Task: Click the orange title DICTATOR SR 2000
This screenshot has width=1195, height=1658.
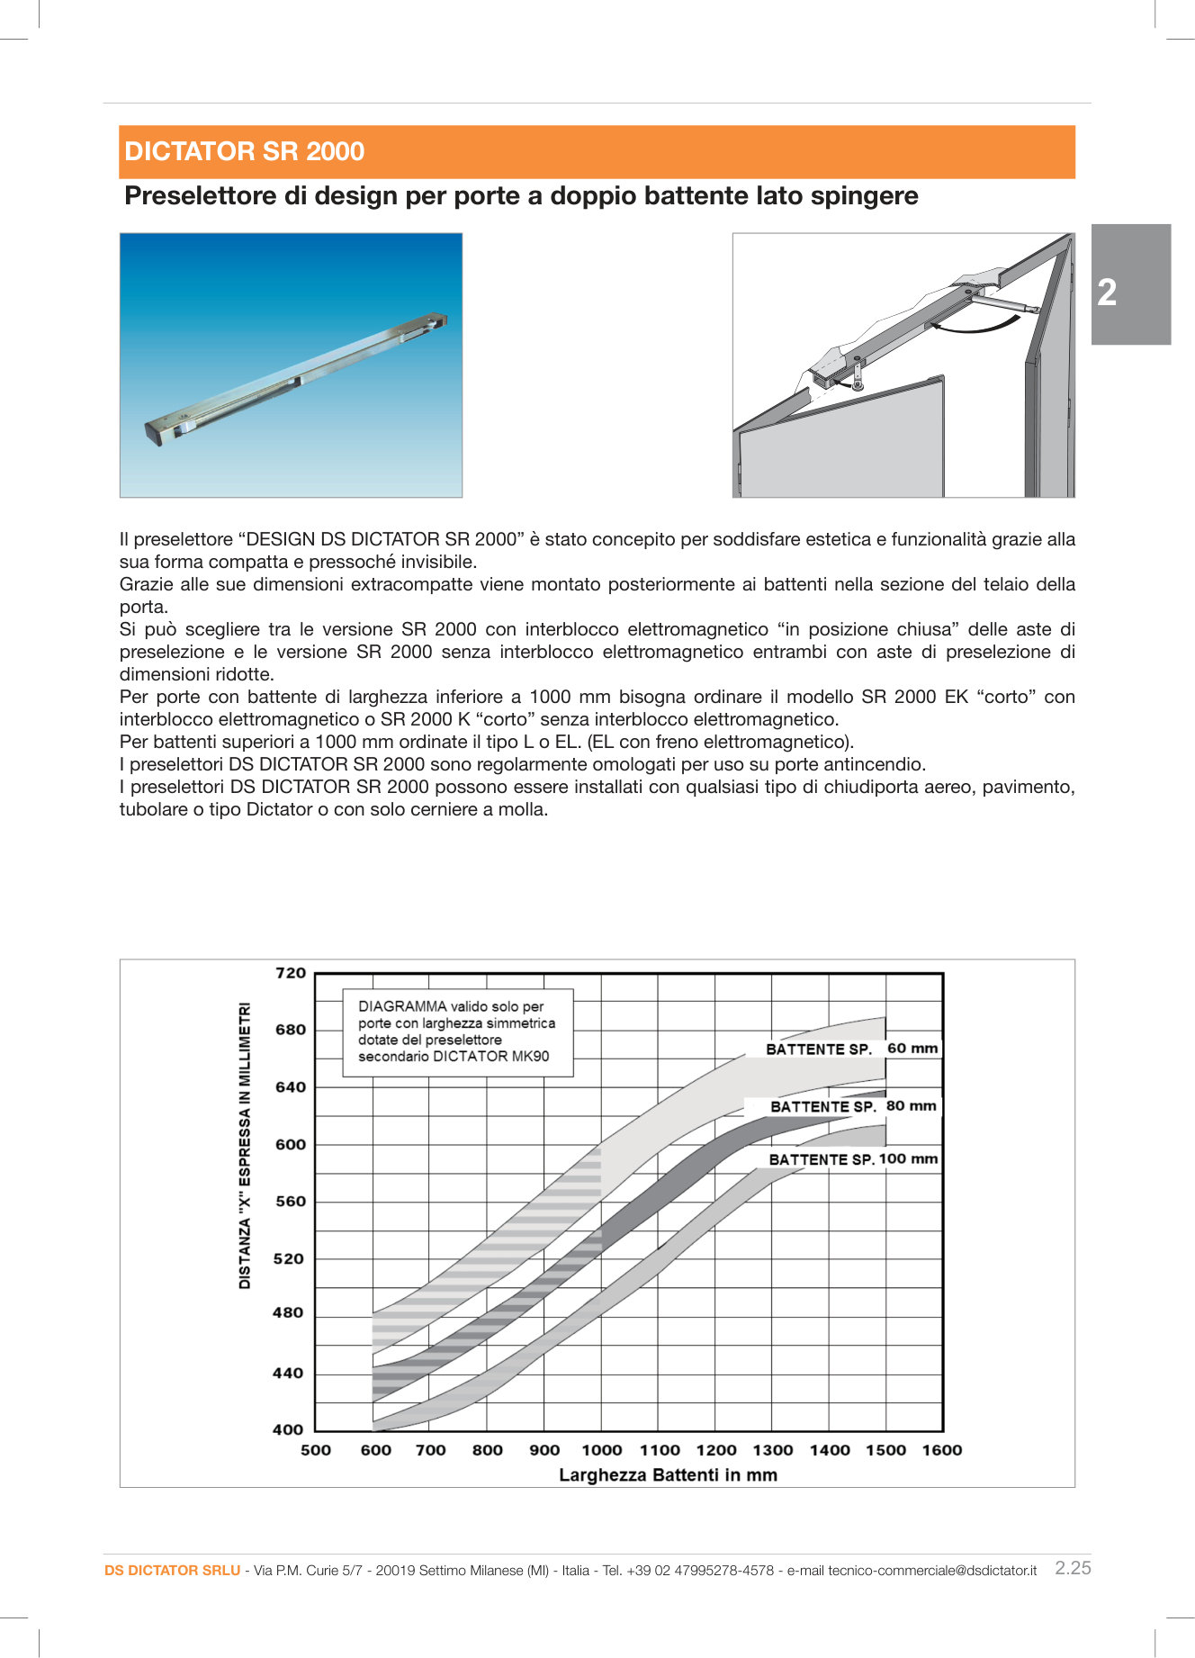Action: (x=244, y=151)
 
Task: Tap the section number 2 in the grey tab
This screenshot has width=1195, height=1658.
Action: (x=1107, y=293)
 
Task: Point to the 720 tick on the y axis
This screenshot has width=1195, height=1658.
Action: (x=291, y=973)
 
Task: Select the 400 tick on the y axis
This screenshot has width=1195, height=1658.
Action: (x=288, y=1428)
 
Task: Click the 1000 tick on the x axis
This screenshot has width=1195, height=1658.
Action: (x=601, y=1450)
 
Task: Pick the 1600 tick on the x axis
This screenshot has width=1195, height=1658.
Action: (x=941, y=1450)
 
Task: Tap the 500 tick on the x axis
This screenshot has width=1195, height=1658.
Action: (x=315, y=1450)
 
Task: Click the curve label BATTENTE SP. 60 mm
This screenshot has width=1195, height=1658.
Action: (x=850, y=1049)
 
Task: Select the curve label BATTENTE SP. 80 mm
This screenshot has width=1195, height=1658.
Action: (x=852, y=1106)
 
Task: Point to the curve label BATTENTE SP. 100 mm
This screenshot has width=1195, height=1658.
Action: (x=852, y=1159)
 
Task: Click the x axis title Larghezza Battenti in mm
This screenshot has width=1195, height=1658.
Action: (x=668, y=1475)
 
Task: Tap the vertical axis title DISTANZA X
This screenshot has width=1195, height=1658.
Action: (x=245, y=1145)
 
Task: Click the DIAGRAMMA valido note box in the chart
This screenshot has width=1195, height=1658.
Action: (x=457, y=1032)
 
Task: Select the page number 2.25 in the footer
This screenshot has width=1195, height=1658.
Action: (x=1073, y=1568)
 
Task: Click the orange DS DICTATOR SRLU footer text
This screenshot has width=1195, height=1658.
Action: (x=172, y=1571)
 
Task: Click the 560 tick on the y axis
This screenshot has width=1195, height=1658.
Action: (x=291, y=1201)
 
